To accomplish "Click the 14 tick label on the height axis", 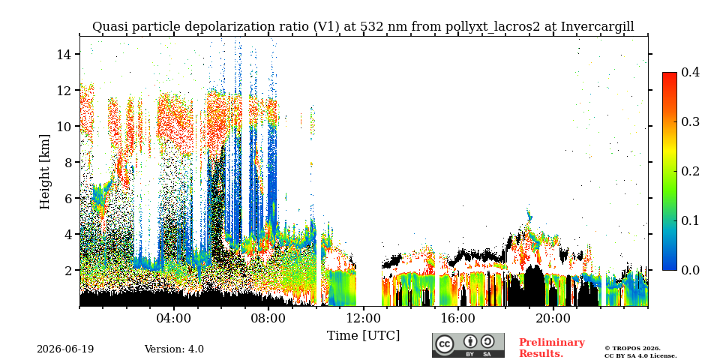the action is [x=64, y=54].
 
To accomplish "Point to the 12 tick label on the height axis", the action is [x=64, y=90].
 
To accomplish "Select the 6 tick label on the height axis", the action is [x=68, y=198].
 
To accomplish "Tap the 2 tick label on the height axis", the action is [x=68, y=270].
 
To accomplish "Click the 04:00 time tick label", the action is [x=174, y=318].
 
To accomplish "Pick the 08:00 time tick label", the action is [x=268, y=318].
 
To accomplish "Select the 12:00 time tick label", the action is [x=363, y=318].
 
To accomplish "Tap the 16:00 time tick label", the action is [x=458, y=318].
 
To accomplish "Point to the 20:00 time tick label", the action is [x=553, y=318].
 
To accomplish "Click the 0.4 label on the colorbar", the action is [x=690, y=72].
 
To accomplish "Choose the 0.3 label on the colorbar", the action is [x=690, y=121].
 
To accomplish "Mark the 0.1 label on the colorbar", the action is [x=690, y=220].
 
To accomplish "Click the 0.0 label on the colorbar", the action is [x=690, y=270].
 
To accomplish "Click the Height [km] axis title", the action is [x=44, y=172].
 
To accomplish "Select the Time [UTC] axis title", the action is [x=363, y=335].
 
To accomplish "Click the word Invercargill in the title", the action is [x=598, y=27].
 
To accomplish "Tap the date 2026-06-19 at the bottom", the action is [x=65, y=349].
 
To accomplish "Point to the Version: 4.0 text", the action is [x=174, y=349].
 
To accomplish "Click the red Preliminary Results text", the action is [x=552, y=348].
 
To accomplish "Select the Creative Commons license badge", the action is [x=468, y=345].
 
